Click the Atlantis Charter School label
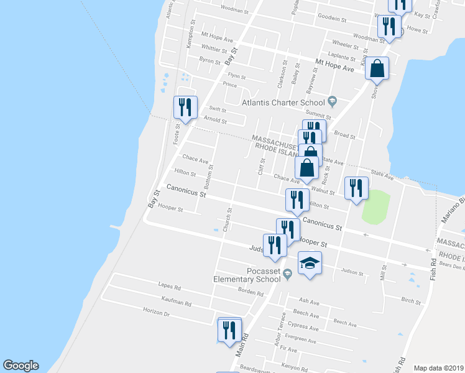283,103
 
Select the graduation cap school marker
310,264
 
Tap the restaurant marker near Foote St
185,108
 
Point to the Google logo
21,366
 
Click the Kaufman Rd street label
175,302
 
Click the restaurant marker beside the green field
356,189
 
